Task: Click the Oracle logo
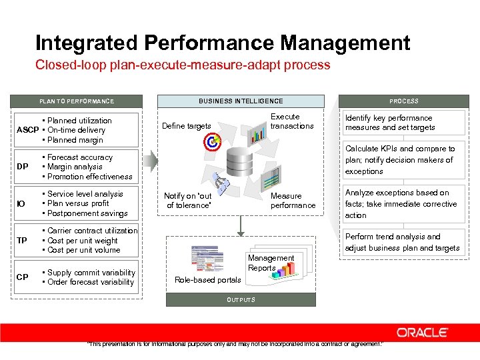click(422, 332)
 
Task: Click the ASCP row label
click(27, 130)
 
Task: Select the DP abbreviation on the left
click(22, 167)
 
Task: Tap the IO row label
click(21, 204)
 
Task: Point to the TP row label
click(22, 241)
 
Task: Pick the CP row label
click(22, 277)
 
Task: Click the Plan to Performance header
click(76, 101)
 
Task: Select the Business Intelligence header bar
click(241, 101)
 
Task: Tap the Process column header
click(404, 101)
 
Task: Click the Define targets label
click(187, 126)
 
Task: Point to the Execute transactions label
click(292, 121)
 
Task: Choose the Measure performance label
click(293, 201)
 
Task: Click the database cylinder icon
click(241, 162)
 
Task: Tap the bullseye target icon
click(212, 141)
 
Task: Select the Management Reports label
click(271, 263)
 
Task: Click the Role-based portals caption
click(208, 280)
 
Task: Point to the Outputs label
click(241, 300)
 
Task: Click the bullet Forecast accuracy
click(79, 157)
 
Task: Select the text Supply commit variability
click(91, 273)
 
